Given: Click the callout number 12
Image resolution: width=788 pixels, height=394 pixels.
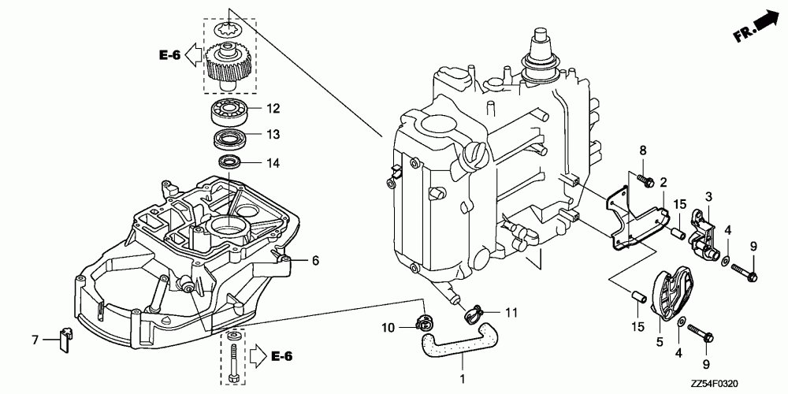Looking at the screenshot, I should pyautogui.click(x=273, y=108).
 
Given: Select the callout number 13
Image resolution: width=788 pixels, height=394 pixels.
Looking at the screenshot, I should pyautogui.click(x=273, y=135).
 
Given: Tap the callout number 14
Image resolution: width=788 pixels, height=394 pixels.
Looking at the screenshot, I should pyautogui.click(x=273, y=163).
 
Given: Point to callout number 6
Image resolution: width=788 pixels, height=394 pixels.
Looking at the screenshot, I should pyautogui.click(x=314, y=260).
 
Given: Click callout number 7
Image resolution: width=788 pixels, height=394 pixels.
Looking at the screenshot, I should pyautogui.click(x=35, y=340).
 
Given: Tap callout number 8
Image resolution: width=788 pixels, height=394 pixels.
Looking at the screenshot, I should pyautogui.click(x=642, y=150).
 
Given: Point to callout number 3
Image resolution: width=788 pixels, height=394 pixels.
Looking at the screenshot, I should pyautogui.click(x=708, y=196).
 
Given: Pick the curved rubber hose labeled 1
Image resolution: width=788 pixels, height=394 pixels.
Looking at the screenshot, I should pyautogui.click(x=458, y=343).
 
